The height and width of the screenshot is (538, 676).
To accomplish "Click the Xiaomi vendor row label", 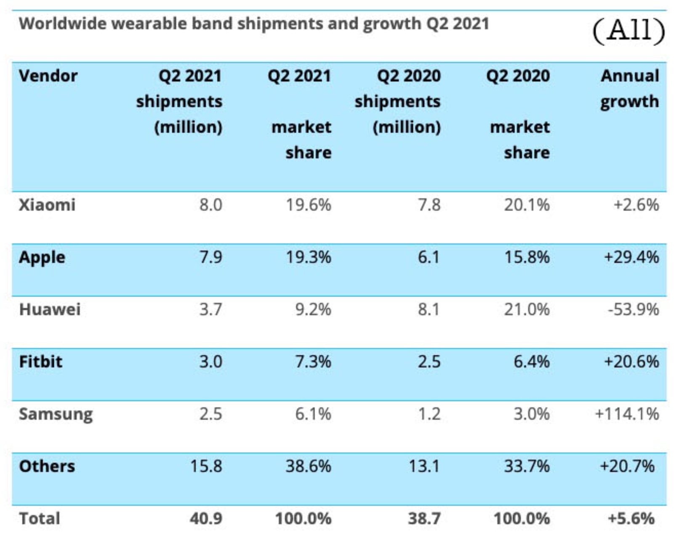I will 47,205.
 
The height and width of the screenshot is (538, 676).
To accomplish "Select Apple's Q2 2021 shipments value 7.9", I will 210,257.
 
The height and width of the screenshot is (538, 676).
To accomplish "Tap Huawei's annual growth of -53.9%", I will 633,309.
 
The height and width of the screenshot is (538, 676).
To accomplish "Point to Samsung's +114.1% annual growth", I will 627,414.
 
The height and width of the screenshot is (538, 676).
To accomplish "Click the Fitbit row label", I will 41,361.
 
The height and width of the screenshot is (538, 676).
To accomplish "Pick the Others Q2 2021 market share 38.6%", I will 308,466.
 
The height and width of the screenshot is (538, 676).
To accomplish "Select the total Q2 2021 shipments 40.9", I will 206,518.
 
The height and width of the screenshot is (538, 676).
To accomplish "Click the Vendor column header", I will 48,76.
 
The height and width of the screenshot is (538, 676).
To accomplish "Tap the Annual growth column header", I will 629,89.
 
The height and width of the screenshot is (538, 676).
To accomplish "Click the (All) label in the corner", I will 628,30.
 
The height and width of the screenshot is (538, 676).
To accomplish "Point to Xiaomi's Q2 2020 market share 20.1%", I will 527,205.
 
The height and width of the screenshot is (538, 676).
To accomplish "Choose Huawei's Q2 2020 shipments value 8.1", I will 429,309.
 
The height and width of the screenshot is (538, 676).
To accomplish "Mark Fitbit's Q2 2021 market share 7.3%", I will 313,361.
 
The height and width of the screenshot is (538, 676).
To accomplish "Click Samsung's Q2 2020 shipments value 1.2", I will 429,414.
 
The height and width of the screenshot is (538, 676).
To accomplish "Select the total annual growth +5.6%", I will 631,518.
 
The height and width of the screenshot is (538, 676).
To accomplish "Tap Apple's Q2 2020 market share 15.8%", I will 527,257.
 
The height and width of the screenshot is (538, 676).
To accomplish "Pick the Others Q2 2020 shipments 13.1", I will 424,466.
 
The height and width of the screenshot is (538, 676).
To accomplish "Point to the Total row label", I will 40,518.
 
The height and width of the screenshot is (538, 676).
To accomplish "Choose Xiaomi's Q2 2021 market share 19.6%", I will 308,205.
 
